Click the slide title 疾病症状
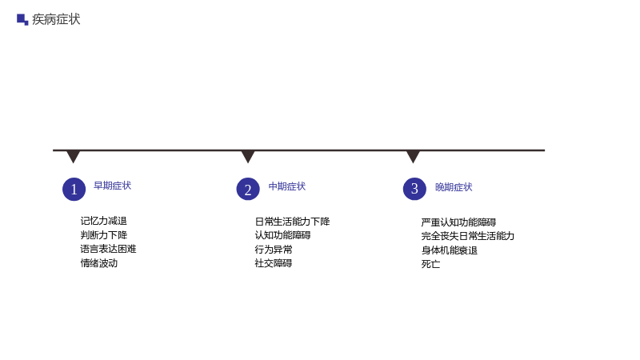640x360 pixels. (56, 19)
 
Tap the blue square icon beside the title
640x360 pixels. (22, 19)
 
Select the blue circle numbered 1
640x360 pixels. (74, 189)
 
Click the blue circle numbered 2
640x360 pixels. (248, 189)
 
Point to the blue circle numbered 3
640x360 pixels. (414, 189)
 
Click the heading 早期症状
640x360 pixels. (112, 186)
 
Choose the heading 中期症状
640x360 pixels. (287, 186)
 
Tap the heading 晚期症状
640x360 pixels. (454, 187)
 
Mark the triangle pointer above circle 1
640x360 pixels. (73, 156)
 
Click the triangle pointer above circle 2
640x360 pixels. (248, 156)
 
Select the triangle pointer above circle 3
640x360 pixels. (413, 156)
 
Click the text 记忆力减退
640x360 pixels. (104, 221)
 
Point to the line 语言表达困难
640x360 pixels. (108, 249)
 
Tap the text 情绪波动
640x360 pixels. (98, 263)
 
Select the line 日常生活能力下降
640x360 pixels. (292, 222)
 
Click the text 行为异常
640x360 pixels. (274, 250)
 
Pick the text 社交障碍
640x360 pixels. (274, 263)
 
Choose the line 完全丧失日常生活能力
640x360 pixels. (468, 236)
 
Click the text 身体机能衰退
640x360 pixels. (450, 250)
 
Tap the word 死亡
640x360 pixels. (430, 264)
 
